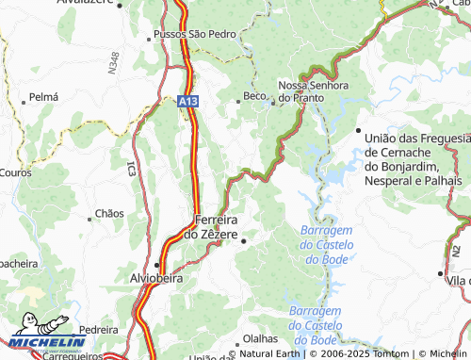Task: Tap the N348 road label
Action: pos(114,62)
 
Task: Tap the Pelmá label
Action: pos(43,97)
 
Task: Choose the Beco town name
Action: pos(253,96)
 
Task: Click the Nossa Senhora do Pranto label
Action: pos(314,91)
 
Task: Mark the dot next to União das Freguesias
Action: pos(359,131)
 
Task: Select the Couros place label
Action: pos(16,173)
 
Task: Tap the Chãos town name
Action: pos(109,214)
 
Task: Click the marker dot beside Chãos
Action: pos(90,214)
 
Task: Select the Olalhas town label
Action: pos(260,338)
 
